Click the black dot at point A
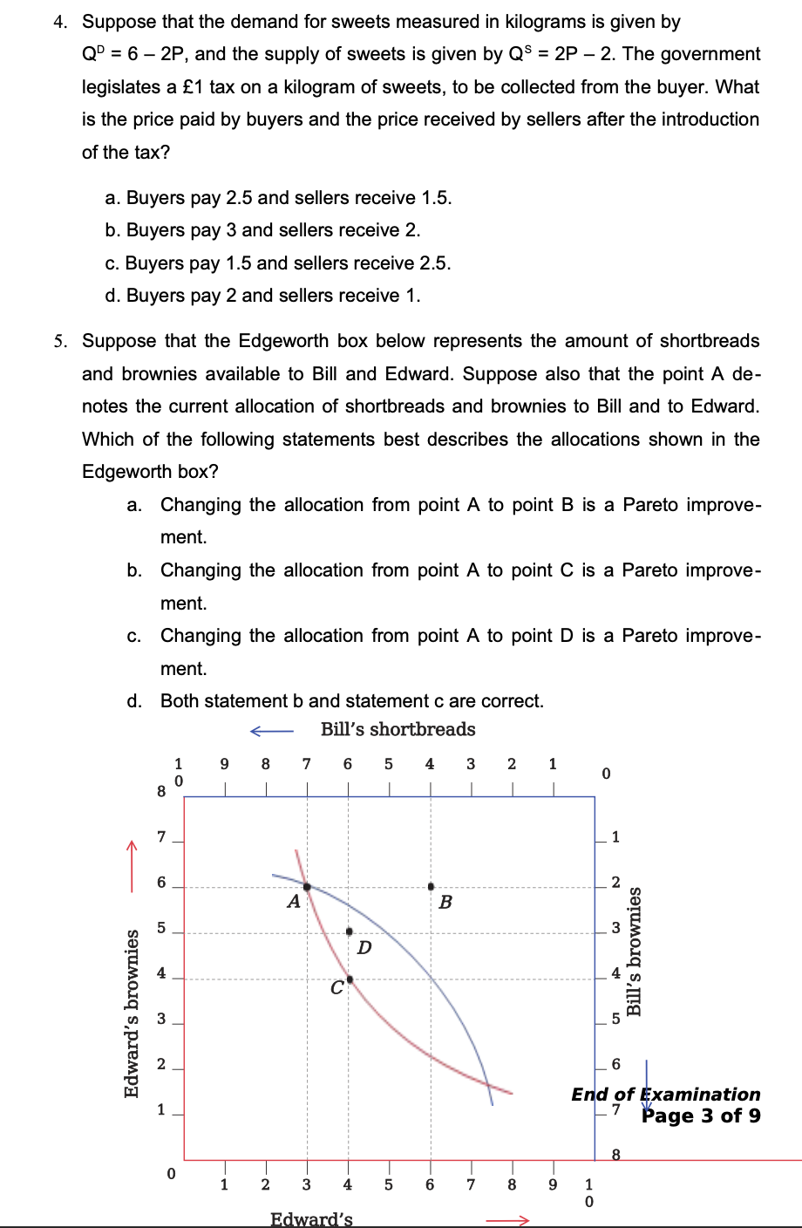click(x=307, y=886)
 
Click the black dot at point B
click(x=431, y=886)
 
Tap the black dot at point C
click(x=350, y=979)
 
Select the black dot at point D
click(x=350, y=931)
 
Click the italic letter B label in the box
click(x=445, y=903)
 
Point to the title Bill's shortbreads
click(x=398, y=729)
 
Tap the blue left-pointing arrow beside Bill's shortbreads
click(x=271, y=731)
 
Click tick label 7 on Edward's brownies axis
click(x=161, y=837)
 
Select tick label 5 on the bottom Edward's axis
click(x=389, y=1184)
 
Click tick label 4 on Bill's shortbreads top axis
click(x=430, y=765)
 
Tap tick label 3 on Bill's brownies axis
click(x=615, y=928)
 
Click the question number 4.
click(x=59, y=23)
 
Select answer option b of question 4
click(x=262, y=230)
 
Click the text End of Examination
click(x=665, y=1094)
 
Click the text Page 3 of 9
click(x=701, y=1115)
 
